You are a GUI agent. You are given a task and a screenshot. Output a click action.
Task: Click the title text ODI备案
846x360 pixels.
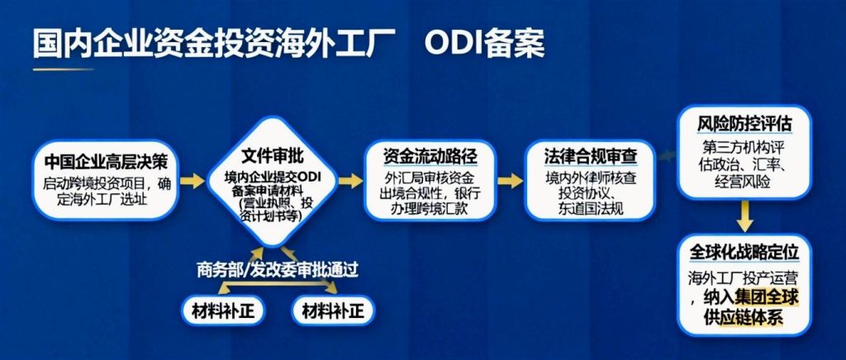(x=484, y=44)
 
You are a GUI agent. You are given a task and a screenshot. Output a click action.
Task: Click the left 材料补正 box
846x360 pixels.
(x=216, y=310)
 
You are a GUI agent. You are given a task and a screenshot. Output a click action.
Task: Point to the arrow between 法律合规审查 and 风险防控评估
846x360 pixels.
(x=668, y=154)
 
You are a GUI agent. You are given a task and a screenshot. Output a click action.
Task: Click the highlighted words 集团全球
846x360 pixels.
(x=763, y=296)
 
